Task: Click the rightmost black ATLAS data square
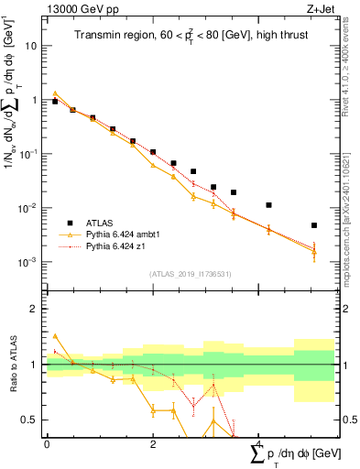(x=313, y=225)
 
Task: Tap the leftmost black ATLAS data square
(x=55, y=102)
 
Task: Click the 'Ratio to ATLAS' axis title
(x=11, y=365)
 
